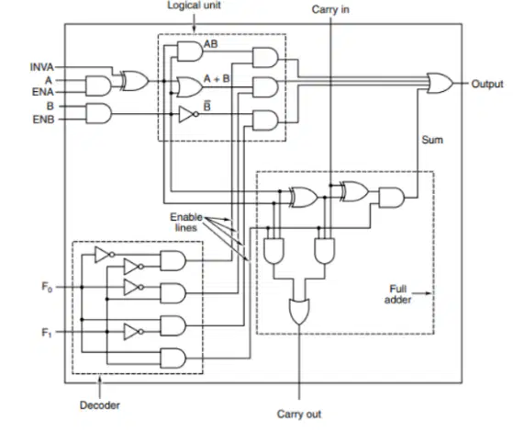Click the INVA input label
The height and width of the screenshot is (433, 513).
(x=42, y=67)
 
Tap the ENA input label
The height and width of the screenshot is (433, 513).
(x=43, y=92)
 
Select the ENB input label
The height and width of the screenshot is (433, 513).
(x=43, y=120)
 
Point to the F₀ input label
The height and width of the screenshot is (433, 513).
(x=47, y=287)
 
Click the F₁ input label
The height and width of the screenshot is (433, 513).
(x=47, y=333)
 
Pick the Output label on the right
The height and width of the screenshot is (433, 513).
(x=486, y=85)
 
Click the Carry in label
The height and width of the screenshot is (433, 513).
(x=330, y=9)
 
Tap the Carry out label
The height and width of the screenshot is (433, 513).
(x=299, y=414)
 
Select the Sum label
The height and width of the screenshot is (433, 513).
(x=432, y=140)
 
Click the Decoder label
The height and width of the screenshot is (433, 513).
(x=100, y=405)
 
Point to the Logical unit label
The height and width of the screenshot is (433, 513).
(x=194, y=6)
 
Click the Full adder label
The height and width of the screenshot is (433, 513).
(x=398, y=294)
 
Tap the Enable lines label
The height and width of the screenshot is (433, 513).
(x=186, y=222)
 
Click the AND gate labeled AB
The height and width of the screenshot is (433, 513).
(x=190, y=51)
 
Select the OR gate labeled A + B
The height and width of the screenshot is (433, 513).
(x=190, y=87)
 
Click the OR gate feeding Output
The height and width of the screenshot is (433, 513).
(x=441, y=84)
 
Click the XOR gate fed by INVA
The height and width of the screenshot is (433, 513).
(x=135, y=81)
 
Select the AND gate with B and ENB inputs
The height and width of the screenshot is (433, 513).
(x=98, y=113)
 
